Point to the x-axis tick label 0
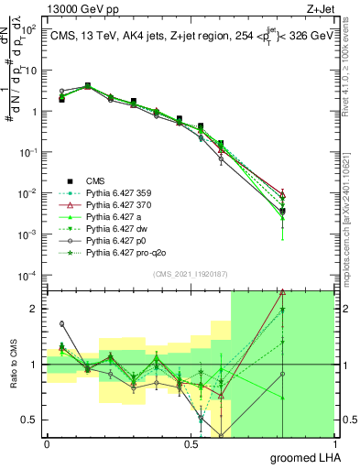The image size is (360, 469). (x=47, y=444)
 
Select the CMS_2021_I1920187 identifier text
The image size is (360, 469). (x=189, y=274)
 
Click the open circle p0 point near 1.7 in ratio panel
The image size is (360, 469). (x=61, y=323)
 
